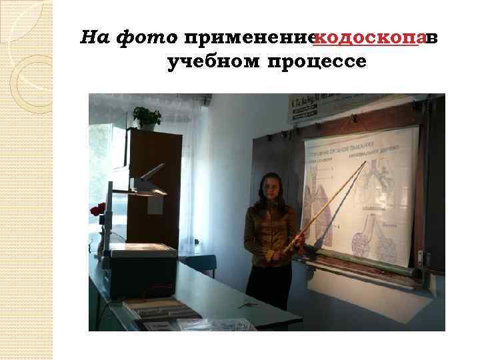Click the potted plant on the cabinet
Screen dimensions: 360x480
146,117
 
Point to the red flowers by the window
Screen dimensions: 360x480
98,210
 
